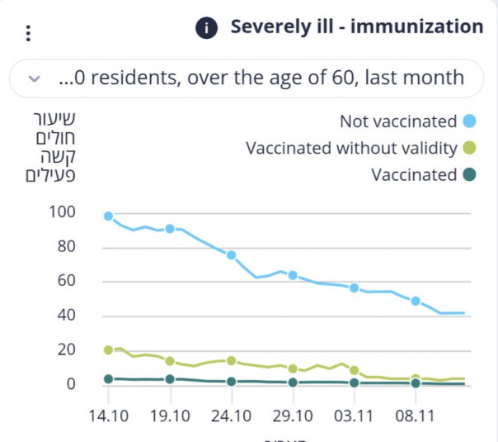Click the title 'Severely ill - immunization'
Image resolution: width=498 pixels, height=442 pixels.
point(356,27)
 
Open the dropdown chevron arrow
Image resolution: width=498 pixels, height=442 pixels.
point(34,78)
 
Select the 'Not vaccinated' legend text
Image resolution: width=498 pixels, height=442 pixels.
point(398,121)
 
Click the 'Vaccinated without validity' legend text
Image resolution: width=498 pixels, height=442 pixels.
point(351,149)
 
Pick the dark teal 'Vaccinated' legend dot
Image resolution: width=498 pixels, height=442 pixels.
point(469,175)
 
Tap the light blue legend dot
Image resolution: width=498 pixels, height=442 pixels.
point(469,121)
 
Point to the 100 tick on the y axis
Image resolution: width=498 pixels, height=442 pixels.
point(63,212)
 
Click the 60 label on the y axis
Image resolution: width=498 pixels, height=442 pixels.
point(66,281)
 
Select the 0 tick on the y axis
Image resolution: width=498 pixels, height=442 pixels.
point(71,384)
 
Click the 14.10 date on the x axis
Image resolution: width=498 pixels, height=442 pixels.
point(108,416)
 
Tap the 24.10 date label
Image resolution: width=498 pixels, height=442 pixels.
point(232,416)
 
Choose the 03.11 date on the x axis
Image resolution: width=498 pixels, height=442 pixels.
point(355,416)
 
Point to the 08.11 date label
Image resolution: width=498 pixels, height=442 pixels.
point(416,416)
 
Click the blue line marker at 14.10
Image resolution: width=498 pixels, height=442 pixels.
point(108,216)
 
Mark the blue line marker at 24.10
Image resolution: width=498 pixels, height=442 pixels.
point(232,255)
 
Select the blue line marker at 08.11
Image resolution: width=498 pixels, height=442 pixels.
point(416,301)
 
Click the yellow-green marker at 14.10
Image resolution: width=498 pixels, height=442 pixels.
point(108,350)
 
